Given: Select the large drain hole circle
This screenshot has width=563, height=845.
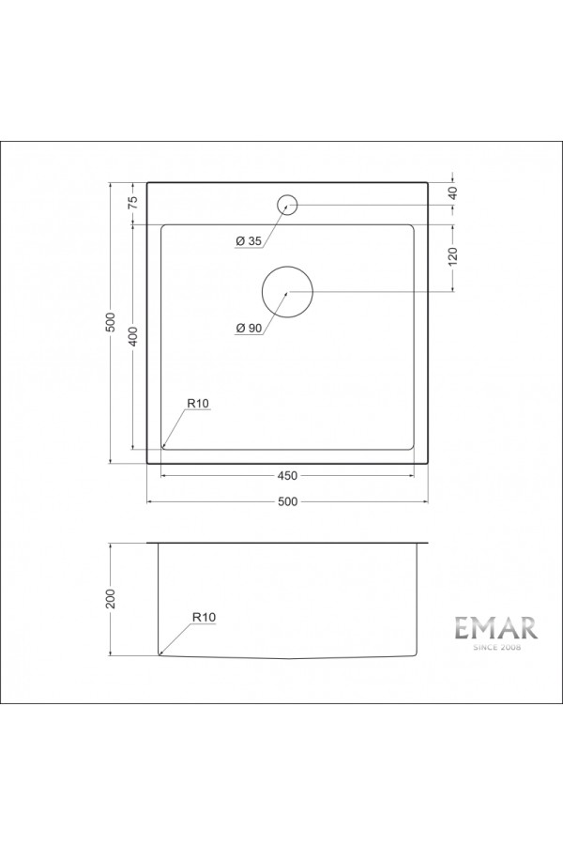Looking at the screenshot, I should coord(288,292).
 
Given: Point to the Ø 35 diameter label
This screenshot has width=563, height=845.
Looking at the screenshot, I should coord(248,242).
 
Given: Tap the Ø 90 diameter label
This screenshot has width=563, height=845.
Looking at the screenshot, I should coord(249,328).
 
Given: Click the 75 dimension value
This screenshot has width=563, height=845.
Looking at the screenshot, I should coord(133,200).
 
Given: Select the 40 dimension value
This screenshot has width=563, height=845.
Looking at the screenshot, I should coord(452,192).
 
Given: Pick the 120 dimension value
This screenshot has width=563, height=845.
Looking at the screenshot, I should coord(452,257).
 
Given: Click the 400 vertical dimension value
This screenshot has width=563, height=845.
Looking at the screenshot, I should coord(133,336).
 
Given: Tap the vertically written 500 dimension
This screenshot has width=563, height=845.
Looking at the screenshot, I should coord(111,321).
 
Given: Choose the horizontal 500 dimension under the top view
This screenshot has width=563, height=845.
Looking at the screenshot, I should coord(287,501).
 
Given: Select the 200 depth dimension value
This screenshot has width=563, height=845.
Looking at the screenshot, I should coord(111,598).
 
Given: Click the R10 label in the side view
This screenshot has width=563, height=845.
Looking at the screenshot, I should coord(204,617).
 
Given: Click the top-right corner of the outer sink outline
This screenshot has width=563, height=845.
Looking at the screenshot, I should coord(429,182).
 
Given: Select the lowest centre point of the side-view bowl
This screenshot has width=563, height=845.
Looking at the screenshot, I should coord(287,659).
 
